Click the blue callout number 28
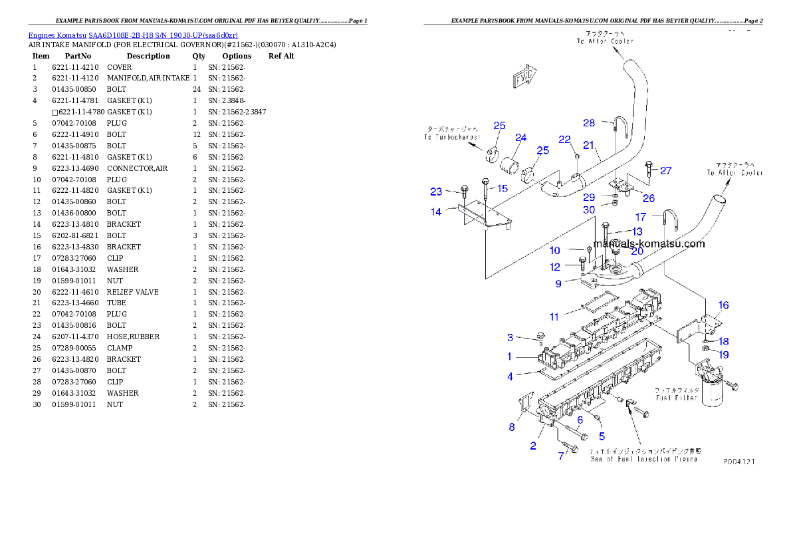[589, 123]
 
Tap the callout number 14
[436, 212]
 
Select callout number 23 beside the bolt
[436, 192]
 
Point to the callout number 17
[641, 217]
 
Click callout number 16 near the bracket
[724, 305]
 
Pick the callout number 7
[561, 456]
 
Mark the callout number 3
[510, 338]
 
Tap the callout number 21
[588, 144]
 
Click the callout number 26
[649, 198]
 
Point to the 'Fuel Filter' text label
[676, 394]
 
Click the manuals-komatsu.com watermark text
[649, 244]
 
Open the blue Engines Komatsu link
[133, 35]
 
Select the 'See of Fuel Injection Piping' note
[643, 455]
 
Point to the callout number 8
[512, 427]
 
